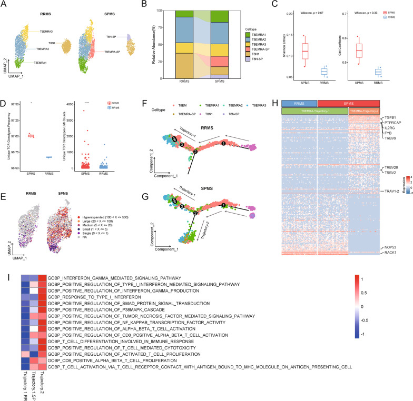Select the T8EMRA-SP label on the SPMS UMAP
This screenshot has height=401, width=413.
coord(114,53)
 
